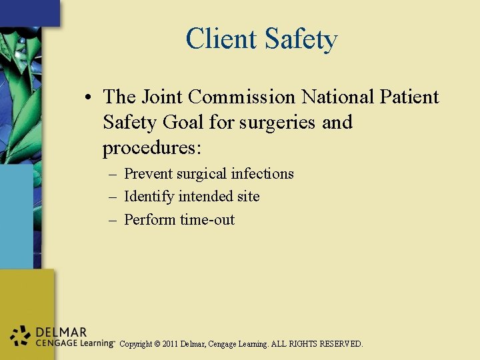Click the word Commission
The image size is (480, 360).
pos(241,97)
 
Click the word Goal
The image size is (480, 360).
pos(176,123)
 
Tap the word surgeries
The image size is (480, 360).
pos(275,123)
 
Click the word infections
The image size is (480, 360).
pos(262,174)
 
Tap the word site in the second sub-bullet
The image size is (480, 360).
pos(247,197)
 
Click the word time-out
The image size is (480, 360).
pos(207,220)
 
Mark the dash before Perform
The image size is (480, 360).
pos(113,220)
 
